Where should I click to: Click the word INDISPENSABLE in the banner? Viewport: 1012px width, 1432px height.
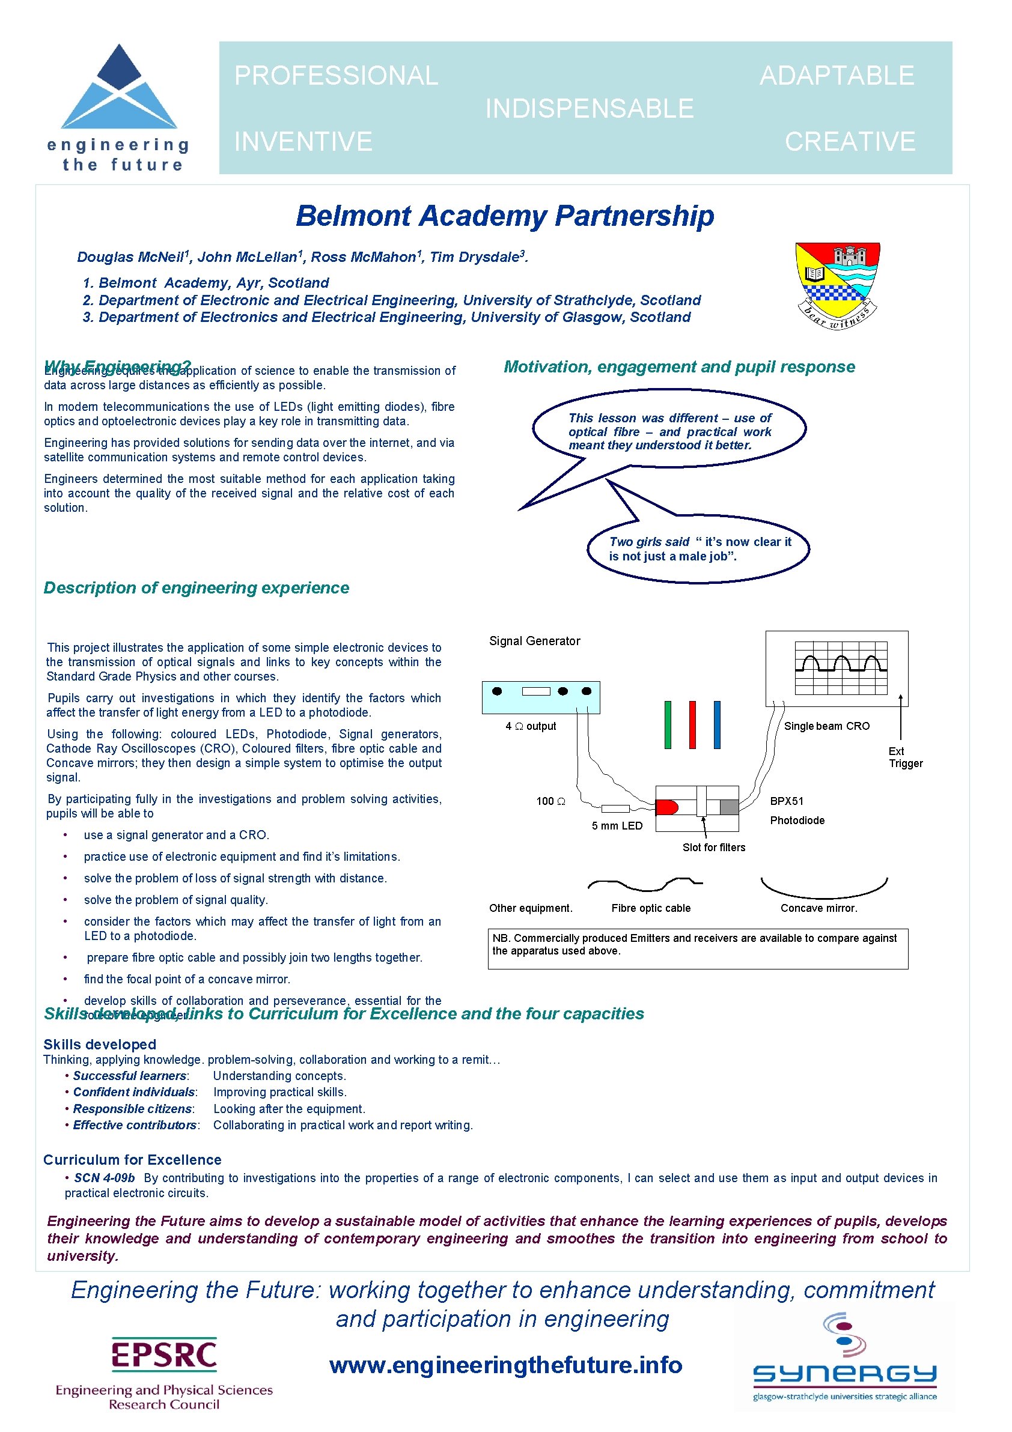[589, 109]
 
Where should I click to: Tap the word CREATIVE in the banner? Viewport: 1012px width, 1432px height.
[849, 142]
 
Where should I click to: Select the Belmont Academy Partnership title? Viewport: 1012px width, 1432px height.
[505, 216]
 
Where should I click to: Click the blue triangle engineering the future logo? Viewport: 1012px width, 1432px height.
[118, 88]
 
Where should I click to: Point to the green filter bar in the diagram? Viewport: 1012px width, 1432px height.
[668, 725]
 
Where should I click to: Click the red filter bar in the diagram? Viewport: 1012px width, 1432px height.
[692, 725]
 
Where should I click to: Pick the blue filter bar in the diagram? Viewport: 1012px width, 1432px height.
[717, 725]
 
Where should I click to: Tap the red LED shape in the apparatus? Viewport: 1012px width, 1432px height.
[666, 808]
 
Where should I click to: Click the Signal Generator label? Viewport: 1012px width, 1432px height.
[534, 641]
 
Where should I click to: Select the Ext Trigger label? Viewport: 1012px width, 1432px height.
[904, 757]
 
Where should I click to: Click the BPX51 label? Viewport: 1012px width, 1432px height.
[786, 801]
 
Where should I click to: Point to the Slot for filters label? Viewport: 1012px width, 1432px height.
[713, 847]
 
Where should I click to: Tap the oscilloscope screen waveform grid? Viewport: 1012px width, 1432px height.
[840, 667]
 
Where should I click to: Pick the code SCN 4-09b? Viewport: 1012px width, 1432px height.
[104, 1177]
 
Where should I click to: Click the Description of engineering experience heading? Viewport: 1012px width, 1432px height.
[196, 587]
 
